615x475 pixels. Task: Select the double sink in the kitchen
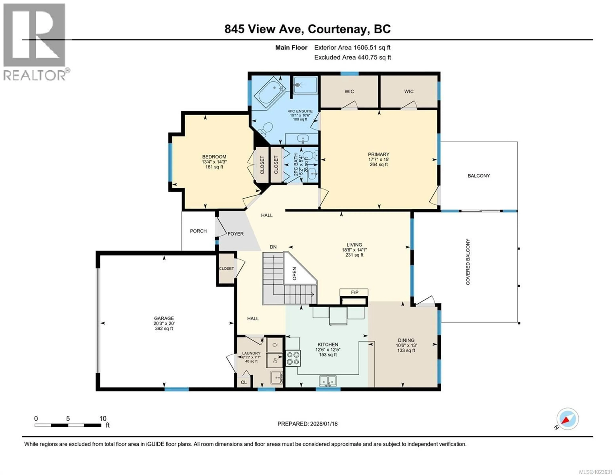328,381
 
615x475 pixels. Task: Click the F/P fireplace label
354,292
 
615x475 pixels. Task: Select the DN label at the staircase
273,247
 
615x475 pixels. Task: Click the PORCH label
198,231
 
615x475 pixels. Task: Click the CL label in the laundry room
244,382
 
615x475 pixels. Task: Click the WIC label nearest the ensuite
349,92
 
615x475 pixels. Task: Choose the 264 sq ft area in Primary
379,164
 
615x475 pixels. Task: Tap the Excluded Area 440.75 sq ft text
353,57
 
